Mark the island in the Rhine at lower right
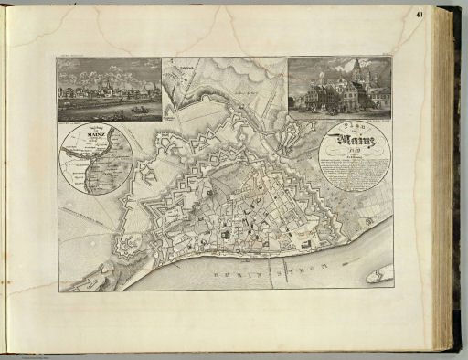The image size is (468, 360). click(379, 273)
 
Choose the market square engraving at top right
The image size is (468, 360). click(339, 89)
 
